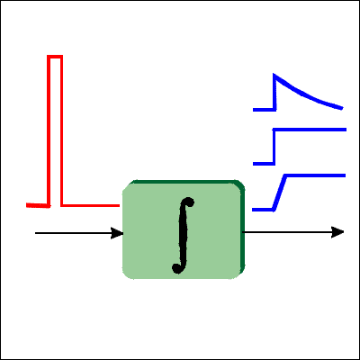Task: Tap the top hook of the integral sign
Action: (188, 202)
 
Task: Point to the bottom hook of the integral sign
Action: (177, 268)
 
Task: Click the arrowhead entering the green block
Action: (117, 233)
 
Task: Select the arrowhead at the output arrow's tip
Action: (337, 232)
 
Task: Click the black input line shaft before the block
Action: (73, 233)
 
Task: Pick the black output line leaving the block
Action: (287, 232)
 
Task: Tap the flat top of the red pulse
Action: (55, 57)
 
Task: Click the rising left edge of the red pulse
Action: (49, 131)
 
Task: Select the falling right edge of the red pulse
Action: (61, 131)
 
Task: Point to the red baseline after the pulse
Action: (90, 205)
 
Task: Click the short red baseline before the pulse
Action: (38, 205)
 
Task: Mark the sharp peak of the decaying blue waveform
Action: (274, 75)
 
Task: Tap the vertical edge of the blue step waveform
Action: (274, 147)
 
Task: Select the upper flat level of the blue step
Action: (310, 130)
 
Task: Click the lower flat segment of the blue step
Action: (264, 164)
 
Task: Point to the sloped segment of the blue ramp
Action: (279, 192)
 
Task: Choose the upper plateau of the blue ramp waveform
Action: (316, 175)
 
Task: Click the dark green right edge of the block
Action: (243, 228)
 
